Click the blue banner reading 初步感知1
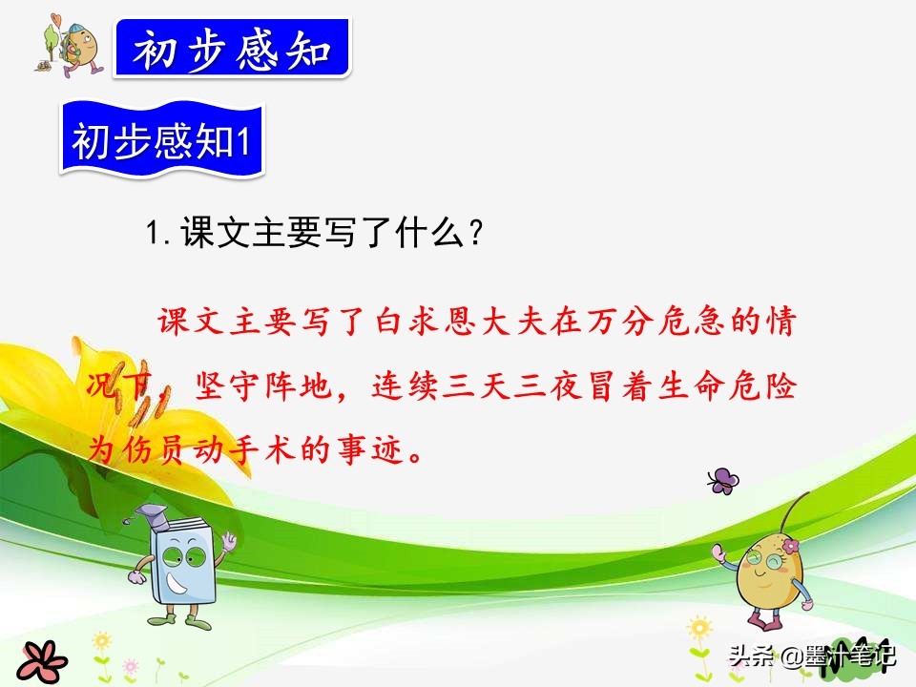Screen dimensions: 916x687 pyautogui.click(x=162, y=139)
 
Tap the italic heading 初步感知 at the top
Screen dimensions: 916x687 pyautogui.click(x=232, y=49)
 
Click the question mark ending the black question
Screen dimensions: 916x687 pyautogui.click(x=476, y=233)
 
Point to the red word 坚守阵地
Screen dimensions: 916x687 pyautogui.click(x=264, y=386)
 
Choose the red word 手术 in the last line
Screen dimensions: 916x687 pyautogui.click(x=265, y=449)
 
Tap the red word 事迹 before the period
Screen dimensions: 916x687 pyautogui.click(x=371, y=449)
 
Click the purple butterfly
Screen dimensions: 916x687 pyautogui.click(x=723, y=481)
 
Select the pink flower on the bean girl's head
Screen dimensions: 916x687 pyautogui.click(x=790, y=546)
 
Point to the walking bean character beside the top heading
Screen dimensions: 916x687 pyautogui.click(x=73, y=46)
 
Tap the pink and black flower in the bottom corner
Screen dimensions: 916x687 pyautogui.click(x=41, y=662)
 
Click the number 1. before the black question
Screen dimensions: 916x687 pyautogui.click(x=157, y=233)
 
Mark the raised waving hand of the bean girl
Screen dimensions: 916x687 pyautogui.click(x=718, y=552)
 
